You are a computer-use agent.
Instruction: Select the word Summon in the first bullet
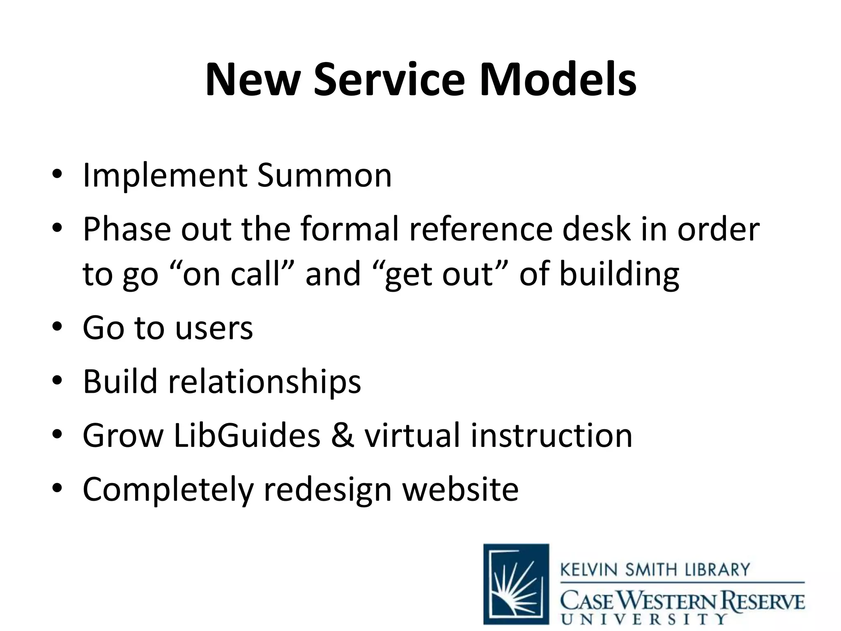pos(324,176)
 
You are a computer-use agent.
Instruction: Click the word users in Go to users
pos(214,328)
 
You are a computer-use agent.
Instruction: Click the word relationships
pos(264,381)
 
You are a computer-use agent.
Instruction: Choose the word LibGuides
pos(247,435)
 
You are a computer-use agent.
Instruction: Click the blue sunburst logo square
pos(516,584)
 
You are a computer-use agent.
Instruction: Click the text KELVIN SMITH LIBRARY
pos(655,570)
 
